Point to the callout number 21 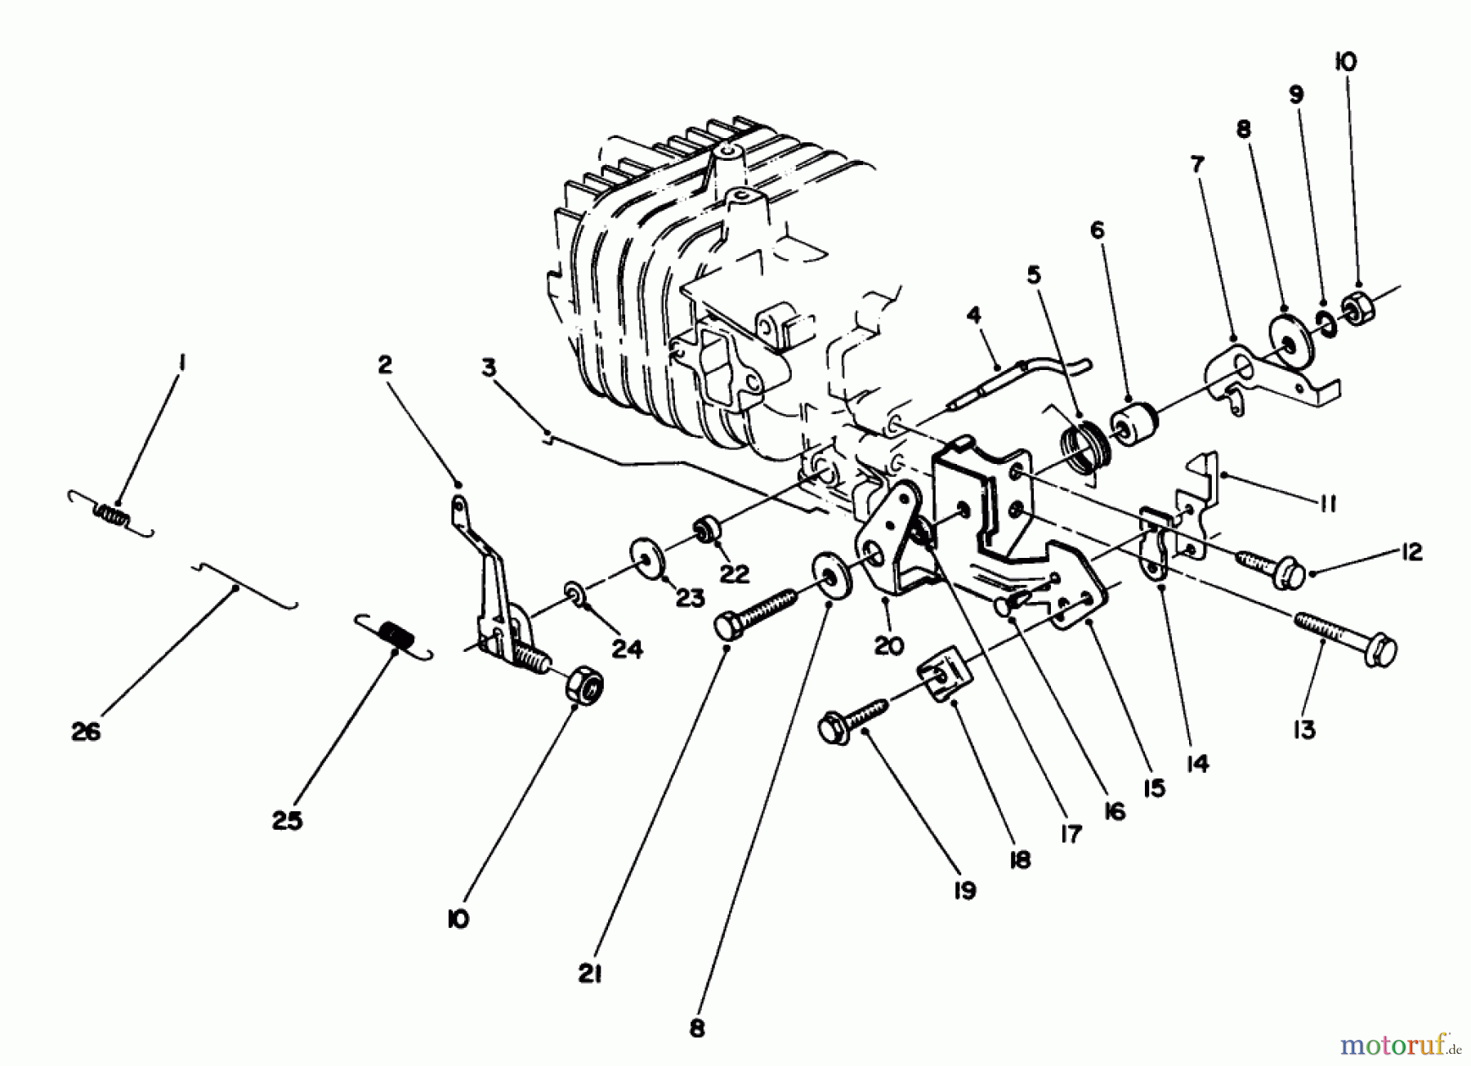pos(589,974)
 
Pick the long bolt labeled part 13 pos(1344,637)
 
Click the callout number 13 pos(1304,729)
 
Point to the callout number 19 pos(964,890)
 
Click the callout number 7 pos(1197,164)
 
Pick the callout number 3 pos(488,368)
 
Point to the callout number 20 pos(888,645)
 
